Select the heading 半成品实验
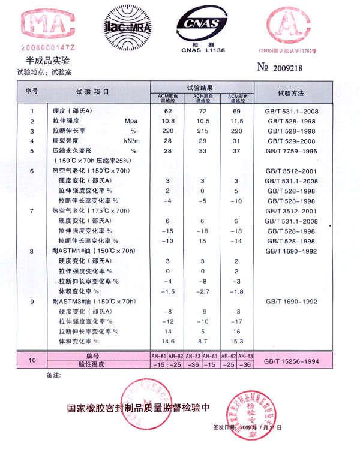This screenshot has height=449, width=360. [x=48, y=61]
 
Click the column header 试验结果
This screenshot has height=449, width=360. [x=201, y=88]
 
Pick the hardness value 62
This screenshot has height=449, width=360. [x=168, y=112]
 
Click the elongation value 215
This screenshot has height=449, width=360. [x=203, y=131]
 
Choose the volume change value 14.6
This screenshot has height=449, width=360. [x=168, y=341]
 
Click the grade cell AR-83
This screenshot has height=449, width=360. [x=194, y=356]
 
